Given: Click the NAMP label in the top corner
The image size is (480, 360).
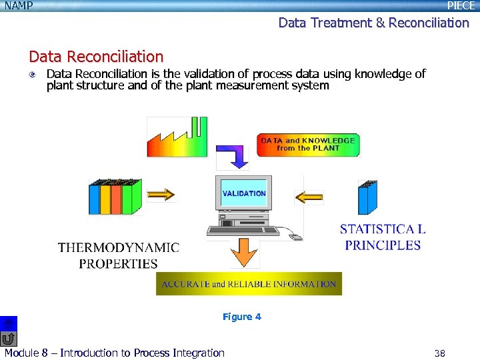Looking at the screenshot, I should coord(18,6).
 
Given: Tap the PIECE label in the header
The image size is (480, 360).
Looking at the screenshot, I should coord(461,6).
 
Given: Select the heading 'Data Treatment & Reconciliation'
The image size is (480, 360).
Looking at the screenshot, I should coord(373,23).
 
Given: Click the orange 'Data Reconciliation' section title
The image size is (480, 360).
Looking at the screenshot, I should coord(96,57).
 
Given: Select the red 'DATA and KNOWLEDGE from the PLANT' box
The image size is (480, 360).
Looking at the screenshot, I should coord(308,145).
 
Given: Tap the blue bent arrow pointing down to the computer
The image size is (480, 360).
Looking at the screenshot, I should coord(233,157).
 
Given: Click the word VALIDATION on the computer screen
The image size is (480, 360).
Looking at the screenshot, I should coord(244,193).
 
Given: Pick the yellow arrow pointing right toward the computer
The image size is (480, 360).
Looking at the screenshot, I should coord(160,194).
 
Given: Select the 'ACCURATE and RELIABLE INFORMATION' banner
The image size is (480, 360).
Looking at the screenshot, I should coord(249,284).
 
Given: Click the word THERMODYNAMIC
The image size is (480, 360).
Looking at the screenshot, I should coord(118,248).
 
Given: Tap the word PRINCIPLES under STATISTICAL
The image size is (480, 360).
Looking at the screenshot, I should coord(383,245).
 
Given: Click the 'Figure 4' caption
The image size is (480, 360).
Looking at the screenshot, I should coord(242,317).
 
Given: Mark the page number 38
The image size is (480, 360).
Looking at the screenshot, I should coord(439,353).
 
